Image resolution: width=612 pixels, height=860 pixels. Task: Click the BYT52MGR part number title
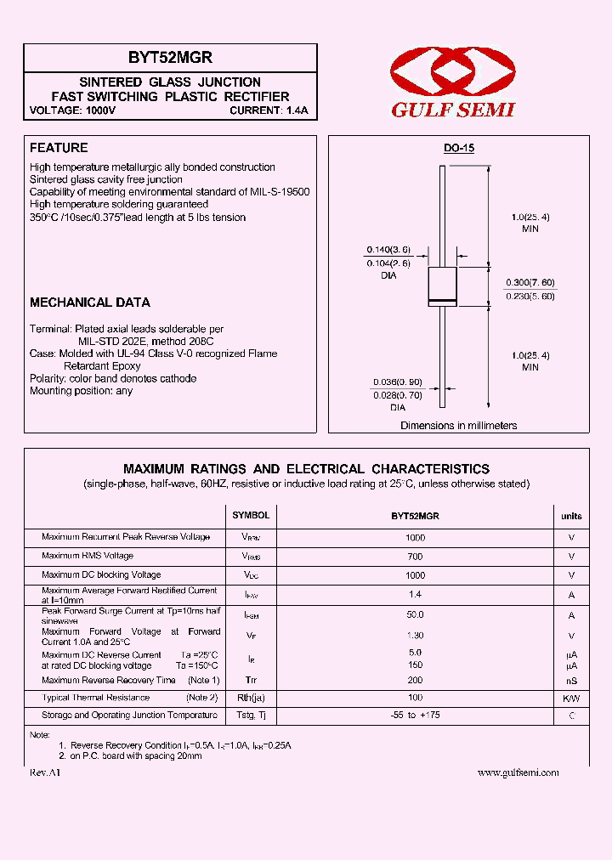(170, 58)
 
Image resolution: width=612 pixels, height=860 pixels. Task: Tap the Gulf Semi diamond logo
(453, 72)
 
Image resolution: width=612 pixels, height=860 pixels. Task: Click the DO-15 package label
(458, 149)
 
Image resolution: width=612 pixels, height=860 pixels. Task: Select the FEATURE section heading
(59, 148)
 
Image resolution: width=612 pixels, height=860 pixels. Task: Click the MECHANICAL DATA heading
(90, 303)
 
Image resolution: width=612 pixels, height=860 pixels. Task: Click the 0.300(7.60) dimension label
(530, 282)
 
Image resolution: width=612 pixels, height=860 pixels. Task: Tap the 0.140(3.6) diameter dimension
(388, 250)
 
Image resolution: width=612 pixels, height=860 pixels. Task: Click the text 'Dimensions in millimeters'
(458, 426)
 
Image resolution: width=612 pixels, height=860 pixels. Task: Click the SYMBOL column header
(251, 516)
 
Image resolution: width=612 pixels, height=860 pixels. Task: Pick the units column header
(571, 516)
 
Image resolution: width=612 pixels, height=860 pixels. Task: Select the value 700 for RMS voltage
(415, 557)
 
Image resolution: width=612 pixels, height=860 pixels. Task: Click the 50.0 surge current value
(415, 614)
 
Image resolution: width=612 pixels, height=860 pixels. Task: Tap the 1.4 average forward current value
(415, 595)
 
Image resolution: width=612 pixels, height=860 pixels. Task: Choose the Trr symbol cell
(251, 681)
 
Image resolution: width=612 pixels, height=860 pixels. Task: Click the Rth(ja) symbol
(251, 698)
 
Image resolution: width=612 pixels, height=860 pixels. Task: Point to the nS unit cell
(571, 681)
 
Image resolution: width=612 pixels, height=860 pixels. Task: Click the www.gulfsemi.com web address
(518, 772)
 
